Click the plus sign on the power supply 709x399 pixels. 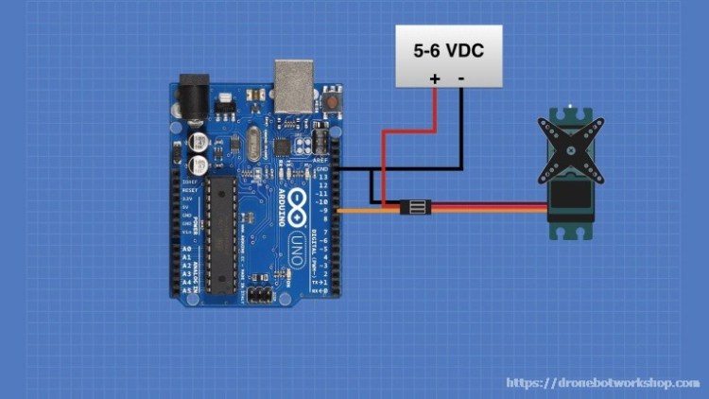coord(435,78)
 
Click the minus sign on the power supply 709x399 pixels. coord(461,78)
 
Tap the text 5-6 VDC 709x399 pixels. coord(448,50)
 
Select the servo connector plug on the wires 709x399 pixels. coord(416,206)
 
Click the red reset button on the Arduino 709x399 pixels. coord(332,100)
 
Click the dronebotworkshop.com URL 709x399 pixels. coord(603,383)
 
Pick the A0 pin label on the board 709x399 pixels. coord(185,249)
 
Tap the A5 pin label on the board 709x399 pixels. coord(185,289)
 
